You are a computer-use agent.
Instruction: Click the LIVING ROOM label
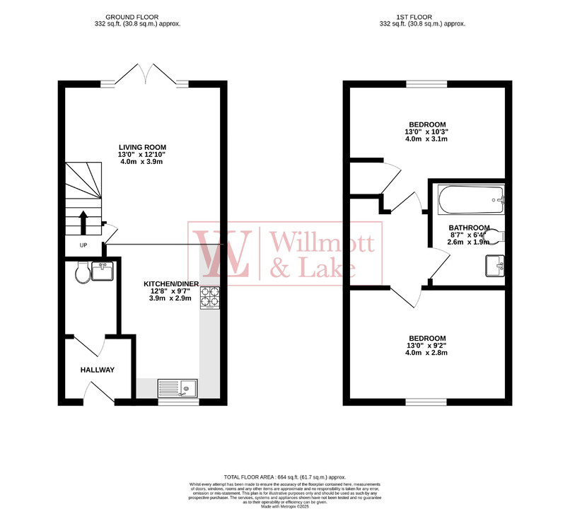tap(142, 147)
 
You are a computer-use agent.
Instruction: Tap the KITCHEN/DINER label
tap(174, 283)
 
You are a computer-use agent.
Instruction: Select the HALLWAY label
tap(97, 370)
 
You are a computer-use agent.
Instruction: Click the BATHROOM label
tap(469, 228)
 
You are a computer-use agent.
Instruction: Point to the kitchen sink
tap(178, 388)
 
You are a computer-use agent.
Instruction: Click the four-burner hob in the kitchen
tap(209, 298)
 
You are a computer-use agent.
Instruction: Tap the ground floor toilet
tap(80, 273)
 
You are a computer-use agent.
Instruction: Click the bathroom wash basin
tap(494, 267)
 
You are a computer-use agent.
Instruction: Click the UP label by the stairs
tap(83, 245)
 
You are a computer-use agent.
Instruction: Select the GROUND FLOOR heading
tap(142, 16)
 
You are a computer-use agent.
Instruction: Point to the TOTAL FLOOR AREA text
tap(284, 478)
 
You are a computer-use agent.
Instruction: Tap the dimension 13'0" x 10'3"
tap(426, 131)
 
